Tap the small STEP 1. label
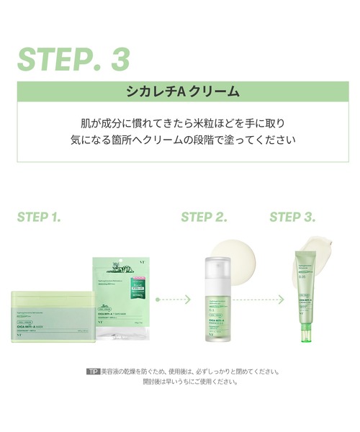[40, 216]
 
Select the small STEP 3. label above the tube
[293, 216]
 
